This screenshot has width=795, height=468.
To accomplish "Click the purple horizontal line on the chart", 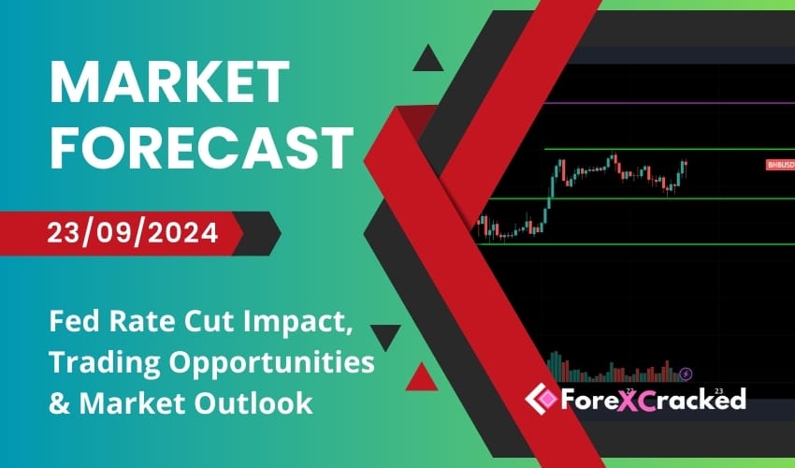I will tap(655, 104).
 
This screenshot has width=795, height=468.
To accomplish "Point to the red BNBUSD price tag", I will tap(779, 165).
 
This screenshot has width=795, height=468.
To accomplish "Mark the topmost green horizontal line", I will tap(655, 150).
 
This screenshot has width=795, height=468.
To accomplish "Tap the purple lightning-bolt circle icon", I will tap(687, 373).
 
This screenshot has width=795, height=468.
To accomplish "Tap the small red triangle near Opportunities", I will tap(422, 376).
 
